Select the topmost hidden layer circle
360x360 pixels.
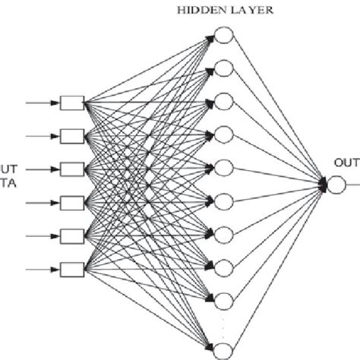[224, 35]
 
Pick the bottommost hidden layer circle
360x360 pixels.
[224, 350]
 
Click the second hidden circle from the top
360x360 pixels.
[224, 68]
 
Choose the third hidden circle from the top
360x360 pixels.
[224, 101]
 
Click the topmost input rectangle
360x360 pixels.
[72, 103]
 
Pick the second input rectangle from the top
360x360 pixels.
[72, 136]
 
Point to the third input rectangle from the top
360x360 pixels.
[72, 169]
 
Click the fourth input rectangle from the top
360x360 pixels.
[72, 202]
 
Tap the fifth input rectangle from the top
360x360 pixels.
[72, 235]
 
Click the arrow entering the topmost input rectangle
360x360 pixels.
[42, 103]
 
